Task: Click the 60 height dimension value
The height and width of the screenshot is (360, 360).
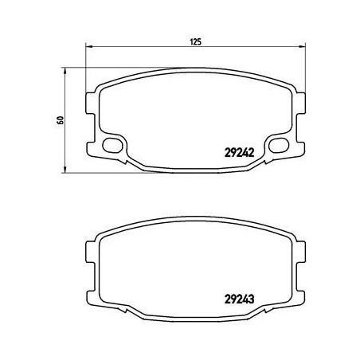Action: [60, 120]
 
